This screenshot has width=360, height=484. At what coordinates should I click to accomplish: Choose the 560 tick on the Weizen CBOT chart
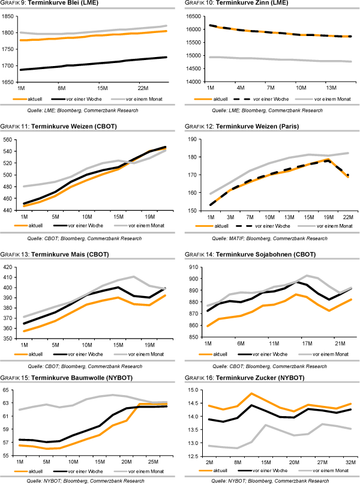pyautogui.click(x=10, y=139)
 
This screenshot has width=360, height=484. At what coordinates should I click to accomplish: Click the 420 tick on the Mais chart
pyautogui.click(x=10, y=267)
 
